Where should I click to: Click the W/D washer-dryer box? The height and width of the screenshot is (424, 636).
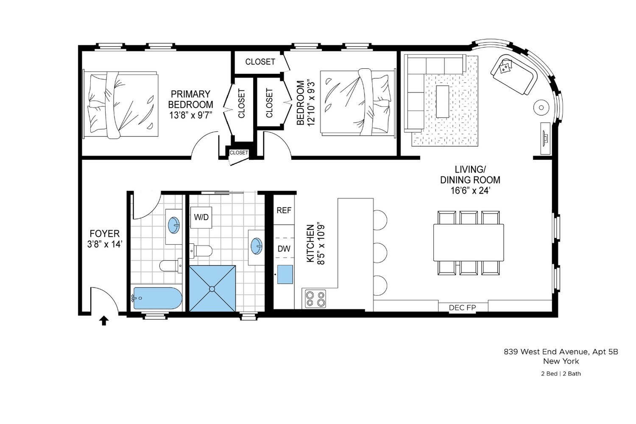click(x=201, y=217)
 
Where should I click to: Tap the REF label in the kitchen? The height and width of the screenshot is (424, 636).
click(x=284, y=210)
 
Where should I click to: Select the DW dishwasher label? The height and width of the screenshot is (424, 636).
click(x=284, y=248)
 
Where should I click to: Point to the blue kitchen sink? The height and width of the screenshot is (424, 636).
click(x=285, y=274)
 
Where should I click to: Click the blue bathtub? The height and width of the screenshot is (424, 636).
click(x=157, y=298)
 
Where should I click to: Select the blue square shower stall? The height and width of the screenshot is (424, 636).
click(x=212, y=288)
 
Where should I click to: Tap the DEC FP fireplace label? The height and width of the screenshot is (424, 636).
click(x=462, y=307)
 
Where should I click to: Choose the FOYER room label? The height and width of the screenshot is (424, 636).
click(x=104, y=234)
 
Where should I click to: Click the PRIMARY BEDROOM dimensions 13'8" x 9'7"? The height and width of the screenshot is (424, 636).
click(x=190, y=115)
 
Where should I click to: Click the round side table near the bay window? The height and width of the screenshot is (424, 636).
click(x=541, y=107)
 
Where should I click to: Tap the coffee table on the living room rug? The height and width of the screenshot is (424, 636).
click(x=442, y=101)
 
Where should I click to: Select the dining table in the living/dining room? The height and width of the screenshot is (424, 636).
click(x=468, y=242)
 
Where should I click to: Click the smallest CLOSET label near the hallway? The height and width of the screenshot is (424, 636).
click(x=239, y=153)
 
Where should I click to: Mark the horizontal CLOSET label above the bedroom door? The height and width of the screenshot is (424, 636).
click(x=260, y=61)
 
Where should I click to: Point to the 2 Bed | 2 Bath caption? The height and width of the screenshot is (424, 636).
click(x=561, y=374)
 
